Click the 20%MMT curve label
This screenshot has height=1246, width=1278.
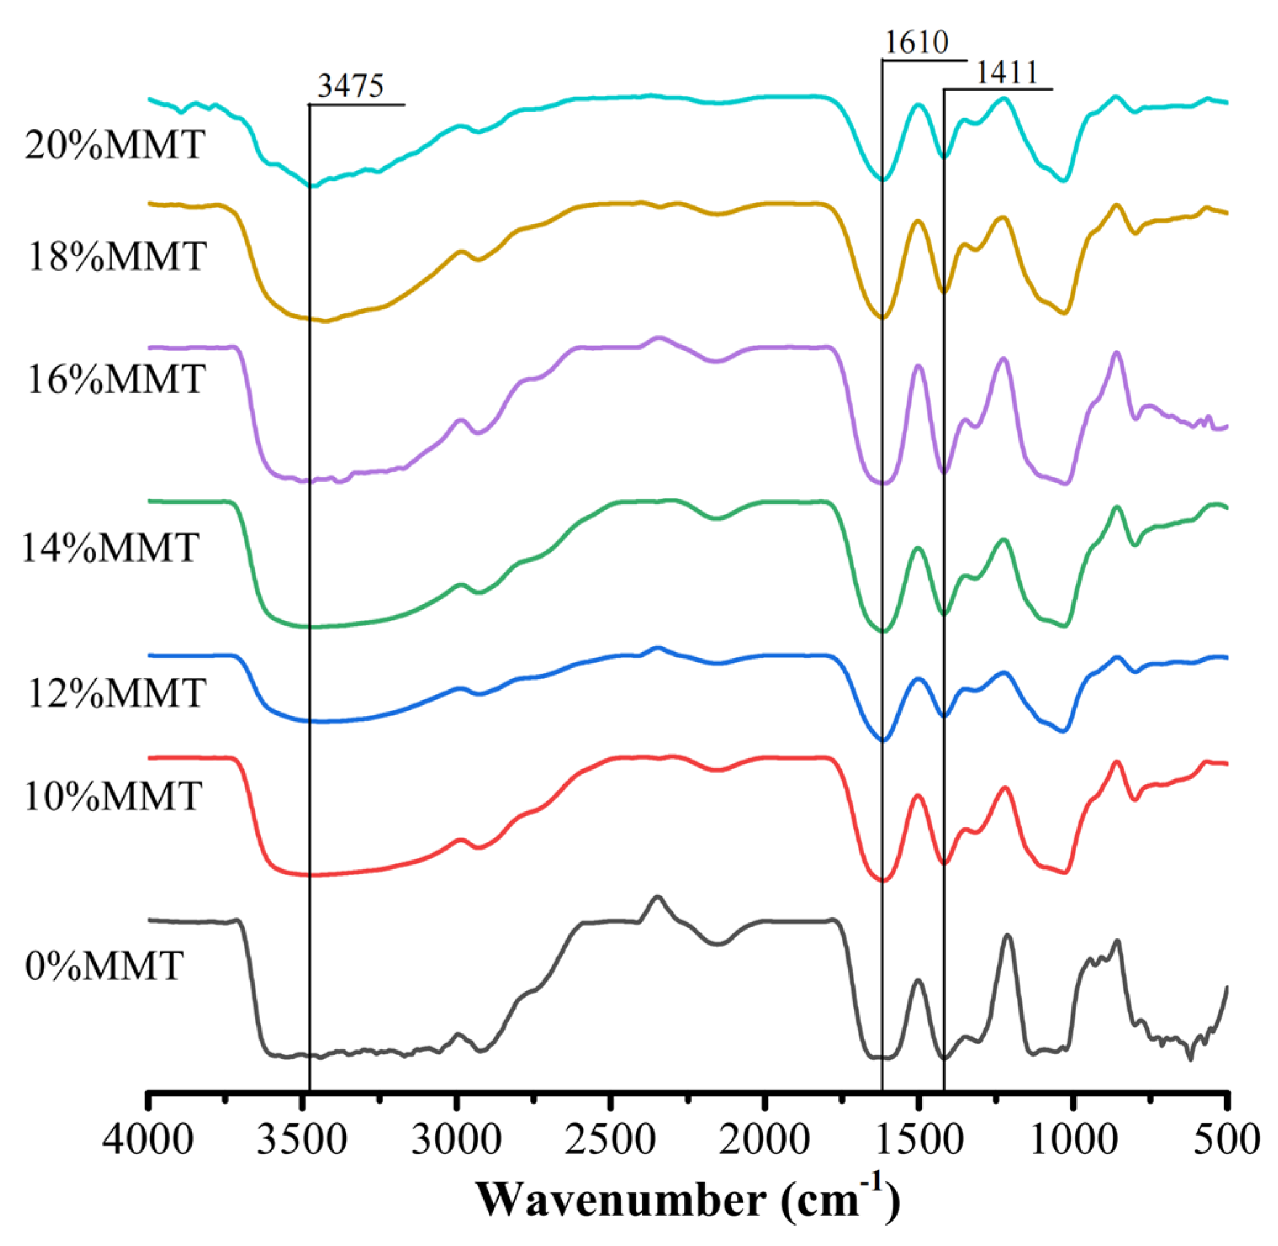[115, 145]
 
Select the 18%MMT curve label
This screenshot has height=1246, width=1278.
[117, 256]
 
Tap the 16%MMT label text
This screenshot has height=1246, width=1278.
[116, 379]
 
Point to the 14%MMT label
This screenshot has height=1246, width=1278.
[110, 547]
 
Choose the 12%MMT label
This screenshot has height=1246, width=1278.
[117, 693]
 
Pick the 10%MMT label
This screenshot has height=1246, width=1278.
[112, 797]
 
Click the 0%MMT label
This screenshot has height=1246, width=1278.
[104, 966]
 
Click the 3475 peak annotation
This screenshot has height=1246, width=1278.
[351, 86]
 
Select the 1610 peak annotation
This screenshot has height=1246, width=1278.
[916, 43]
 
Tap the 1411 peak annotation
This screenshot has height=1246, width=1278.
[1007, 73]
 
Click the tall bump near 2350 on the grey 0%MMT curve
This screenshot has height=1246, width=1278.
[658, 898]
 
